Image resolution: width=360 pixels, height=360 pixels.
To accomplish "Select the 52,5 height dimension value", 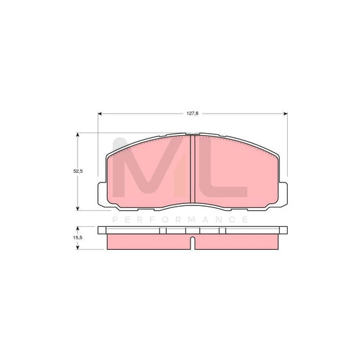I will (x=77, y=172).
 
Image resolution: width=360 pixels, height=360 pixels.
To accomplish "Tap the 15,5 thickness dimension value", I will (x=77, y=238).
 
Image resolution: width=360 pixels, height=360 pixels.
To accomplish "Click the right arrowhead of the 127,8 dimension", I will (x=286, y=112).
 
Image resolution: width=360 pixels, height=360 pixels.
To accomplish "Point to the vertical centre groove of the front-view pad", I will (x=193, y=169).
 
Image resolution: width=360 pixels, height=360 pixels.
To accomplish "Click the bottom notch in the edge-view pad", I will (x=193, y=242).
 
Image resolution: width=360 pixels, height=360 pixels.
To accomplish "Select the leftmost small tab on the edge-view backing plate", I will (x=163, y=232).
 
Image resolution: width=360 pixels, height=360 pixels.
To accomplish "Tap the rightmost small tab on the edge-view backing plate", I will (x=223, y=232).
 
